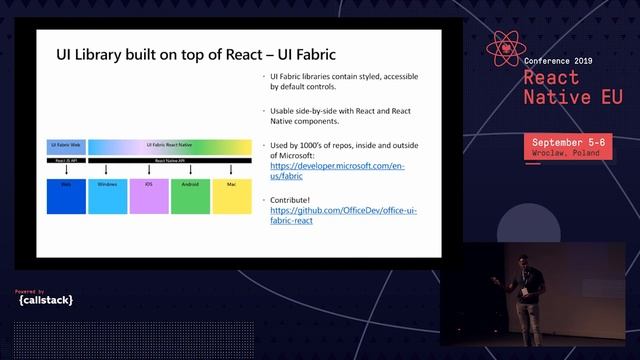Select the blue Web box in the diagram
(x=65, y=195)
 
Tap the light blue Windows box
(x=107, y=195)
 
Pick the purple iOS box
(x=148, y=195)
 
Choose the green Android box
(x=190, y=195)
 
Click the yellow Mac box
(x=231, y=195)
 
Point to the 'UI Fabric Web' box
(x=65, y=146)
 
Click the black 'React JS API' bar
(x=65, y=160)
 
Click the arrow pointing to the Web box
(x=65, y=169)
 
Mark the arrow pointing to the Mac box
(x=231, y=169)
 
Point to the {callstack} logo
(x=45, y=299)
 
